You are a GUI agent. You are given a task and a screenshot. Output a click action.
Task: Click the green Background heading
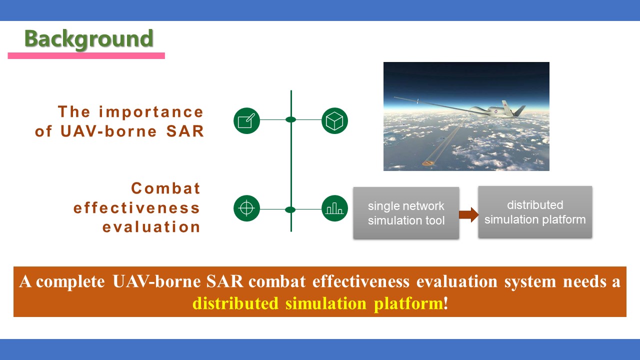click(89, 39)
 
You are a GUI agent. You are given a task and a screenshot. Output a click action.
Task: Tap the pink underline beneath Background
click(86, 55)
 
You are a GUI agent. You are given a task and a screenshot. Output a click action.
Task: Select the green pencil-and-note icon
click(246, 120)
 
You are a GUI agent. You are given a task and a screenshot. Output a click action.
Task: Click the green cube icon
click(334, 120)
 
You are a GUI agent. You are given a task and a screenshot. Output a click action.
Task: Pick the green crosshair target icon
click(246, 208)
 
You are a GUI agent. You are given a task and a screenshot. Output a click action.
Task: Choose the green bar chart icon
click(334, 208)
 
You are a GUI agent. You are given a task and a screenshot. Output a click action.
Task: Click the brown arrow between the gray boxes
click(469, 215)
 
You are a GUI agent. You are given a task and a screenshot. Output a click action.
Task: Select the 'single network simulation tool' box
click(406, 213)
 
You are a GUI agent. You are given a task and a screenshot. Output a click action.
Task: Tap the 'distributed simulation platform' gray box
click(535, 212)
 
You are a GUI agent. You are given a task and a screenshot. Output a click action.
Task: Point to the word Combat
click(165, 188)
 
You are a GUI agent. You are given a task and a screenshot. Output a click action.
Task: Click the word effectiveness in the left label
click(136, 207)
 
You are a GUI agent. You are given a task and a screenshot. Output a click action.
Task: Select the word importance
click(151, 112)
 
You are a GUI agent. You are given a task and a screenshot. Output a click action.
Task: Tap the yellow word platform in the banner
click(408, 303)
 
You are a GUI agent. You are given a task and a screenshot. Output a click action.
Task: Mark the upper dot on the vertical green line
click(291, 119)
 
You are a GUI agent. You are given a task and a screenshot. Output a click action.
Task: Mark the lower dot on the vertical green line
click(290, 209)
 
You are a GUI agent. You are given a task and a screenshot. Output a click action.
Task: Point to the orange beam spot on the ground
click(428, 163)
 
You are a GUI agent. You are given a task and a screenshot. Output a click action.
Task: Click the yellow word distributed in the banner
click(235, 303)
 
